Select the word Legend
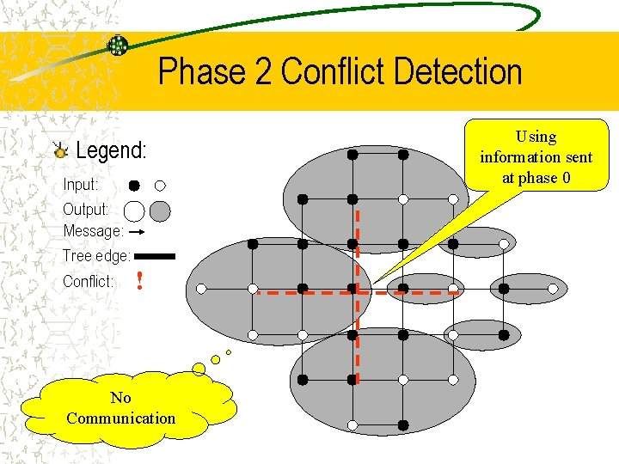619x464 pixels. (111, 151)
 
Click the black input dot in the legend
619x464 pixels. (135, 185)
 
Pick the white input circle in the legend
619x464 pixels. (160, 185)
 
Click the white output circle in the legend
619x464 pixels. (134, 211)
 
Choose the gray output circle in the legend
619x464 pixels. (160, 211)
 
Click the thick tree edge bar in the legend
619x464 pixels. (155, 256)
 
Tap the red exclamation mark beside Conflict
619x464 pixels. (138, 281)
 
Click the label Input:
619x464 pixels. (81, 185)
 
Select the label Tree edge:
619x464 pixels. (96, 256)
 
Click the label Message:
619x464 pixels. (93, 231)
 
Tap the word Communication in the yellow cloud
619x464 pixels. (120, 418)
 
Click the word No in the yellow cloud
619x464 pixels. (120, 398)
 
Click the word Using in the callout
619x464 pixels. (536, 137)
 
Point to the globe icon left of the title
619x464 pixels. (118, 46)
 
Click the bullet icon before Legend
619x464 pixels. (59, 151)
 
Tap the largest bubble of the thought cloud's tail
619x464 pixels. (199, 369)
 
